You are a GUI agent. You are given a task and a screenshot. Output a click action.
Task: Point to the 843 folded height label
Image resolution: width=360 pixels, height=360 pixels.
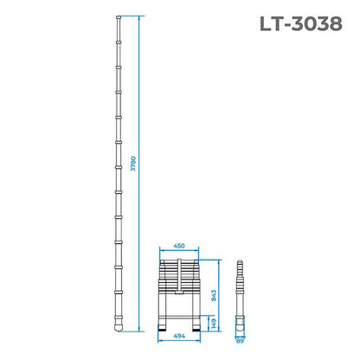point(213,292)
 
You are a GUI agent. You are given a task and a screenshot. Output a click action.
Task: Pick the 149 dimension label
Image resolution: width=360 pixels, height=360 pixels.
point(213,323)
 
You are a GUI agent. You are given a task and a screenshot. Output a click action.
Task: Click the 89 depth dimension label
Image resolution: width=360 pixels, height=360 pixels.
point(241,341)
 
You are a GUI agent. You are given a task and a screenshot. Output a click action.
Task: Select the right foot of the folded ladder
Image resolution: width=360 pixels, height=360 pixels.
point(193,327)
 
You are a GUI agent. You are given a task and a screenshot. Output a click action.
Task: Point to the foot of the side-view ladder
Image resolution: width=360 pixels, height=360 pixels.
point(241,327)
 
